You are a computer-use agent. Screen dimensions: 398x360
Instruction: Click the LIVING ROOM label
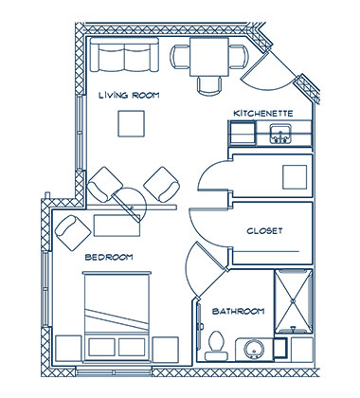tap(130, 95)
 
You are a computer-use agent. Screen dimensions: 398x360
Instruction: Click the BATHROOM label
tap(238, 311)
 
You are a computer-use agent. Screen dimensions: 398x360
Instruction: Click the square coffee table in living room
tap(131, 124)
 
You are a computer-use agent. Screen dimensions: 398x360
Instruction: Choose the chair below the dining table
tap(209, 86)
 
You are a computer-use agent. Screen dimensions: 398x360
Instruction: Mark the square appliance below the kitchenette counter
tap(295, 175)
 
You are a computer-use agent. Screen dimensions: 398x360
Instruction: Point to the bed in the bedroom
tap(116, 308)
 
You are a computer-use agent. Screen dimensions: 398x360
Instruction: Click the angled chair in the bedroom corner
tap(69, 227)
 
